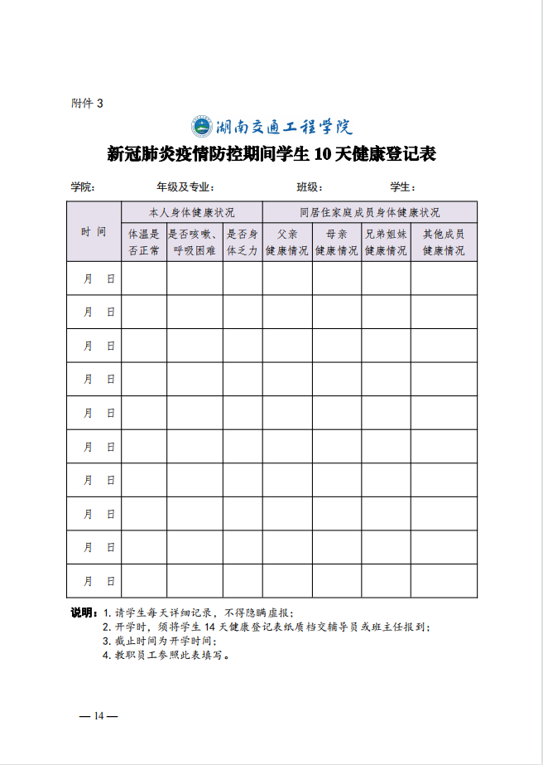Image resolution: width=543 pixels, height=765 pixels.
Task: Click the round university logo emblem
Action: (201, 127)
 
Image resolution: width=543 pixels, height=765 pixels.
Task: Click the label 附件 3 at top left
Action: (87, 104)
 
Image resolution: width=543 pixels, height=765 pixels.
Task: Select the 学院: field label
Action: (83, 186)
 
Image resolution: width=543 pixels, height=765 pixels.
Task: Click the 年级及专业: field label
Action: (185, 186)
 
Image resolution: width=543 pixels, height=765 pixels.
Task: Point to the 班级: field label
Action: (310, 186)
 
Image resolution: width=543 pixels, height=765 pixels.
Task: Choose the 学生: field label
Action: (402, 186)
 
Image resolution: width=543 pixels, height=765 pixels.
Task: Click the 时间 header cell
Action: (94, 231)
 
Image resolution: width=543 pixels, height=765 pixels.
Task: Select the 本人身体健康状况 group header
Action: (191, 212)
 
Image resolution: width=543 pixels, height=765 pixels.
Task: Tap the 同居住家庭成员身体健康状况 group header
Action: (369, 212)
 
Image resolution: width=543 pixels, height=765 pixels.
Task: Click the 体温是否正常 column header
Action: (144, 242)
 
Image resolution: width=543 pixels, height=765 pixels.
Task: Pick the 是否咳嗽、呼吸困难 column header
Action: (194, 242)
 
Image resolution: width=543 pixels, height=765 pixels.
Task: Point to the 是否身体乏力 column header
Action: (243, 242)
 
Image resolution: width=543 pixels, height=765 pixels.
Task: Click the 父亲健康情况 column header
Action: (287, 242)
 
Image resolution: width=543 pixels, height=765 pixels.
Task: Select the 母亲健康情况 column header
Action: (336, 242)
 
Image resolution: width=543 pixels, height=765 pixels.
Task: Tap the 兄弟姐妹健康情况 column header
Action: (386, 242)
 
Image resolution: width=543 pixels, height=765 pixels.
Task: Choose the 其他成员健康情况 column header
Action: (444, 242)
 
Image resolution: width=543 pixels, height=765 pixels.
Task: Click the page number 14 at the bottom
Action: (98, 716)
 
